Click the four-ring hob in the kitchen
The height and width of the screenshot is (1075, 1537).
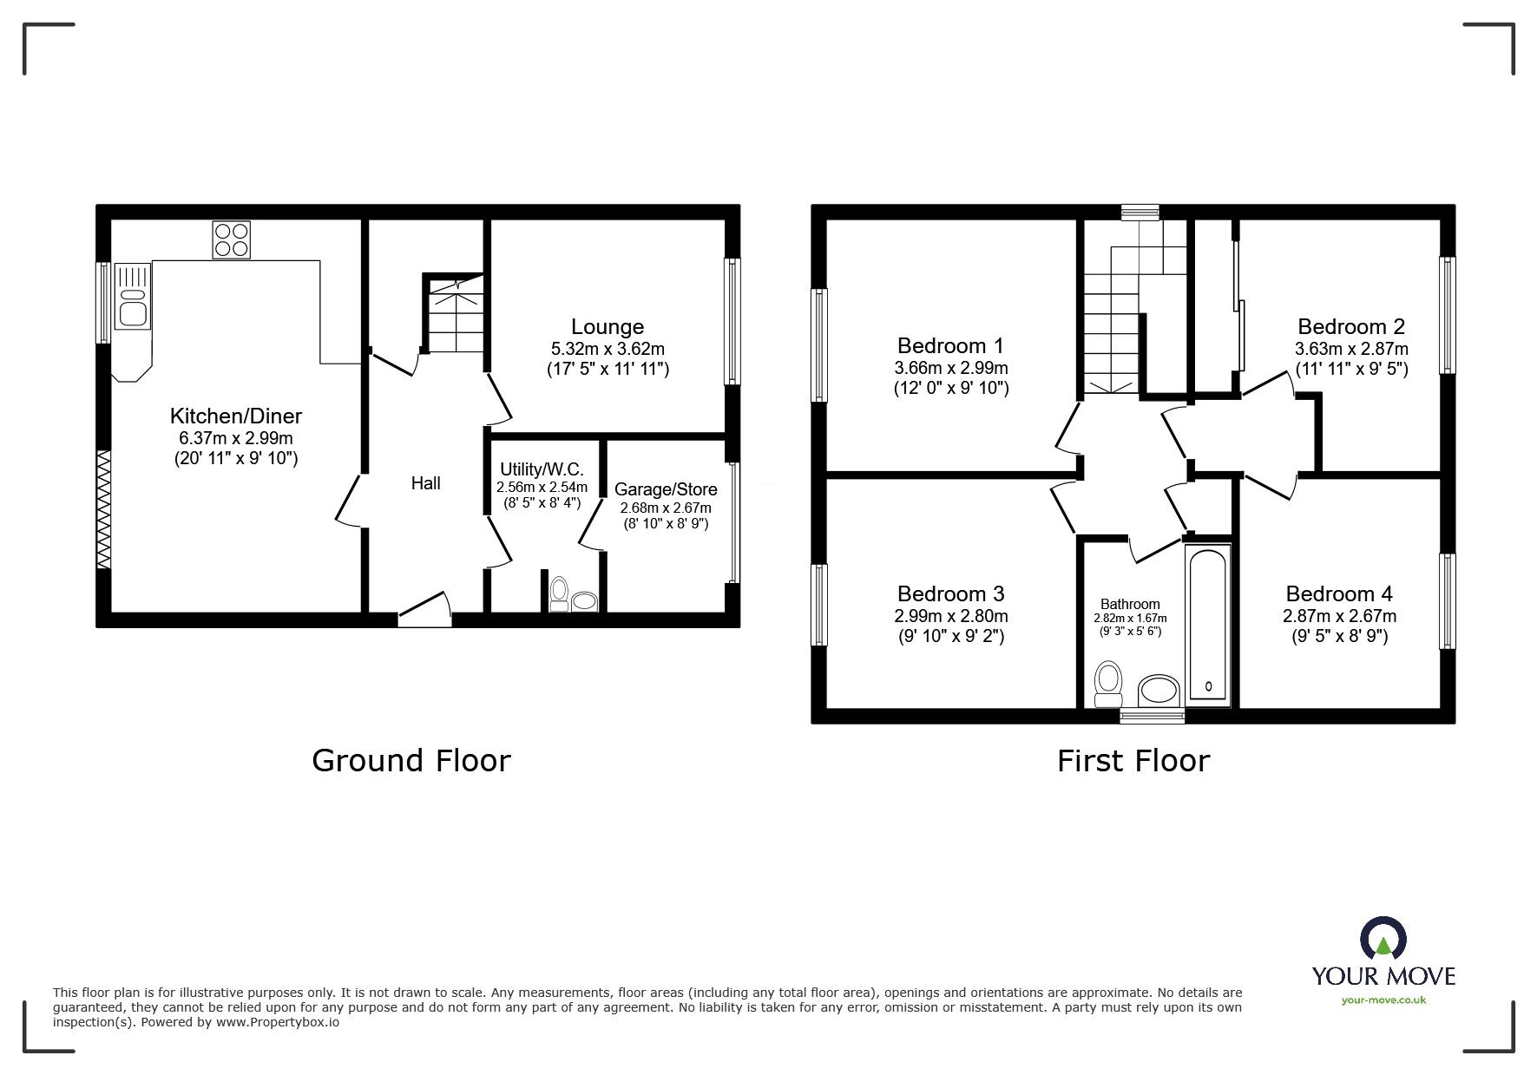click(x=232, y=239)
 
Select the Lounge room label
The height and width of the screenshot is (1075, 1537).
click(x=607, y=327)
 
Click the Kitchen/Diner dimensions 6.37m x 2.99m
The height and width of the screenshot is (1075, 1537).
click(x=235, y=437)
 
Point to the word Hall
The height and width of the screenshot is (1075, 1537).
click(x=425, y=483)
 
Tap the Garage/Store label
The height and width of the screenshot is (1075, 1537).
click(x=665, y=489)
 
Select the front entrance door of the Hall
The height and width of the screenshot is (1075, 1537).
click(x=424, y=611)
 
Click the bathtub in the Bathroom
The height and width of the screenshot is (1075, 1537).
click(x=1206, y=622)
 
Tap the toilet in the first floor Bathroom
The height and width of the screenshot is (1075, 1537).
click(x=1108, y=684)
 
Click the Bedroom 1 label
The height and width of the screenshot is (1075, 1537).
click(x=950, y=345)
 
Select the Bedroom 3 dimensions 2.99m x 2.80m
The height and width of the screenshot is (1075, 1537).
click(x=950, y=616)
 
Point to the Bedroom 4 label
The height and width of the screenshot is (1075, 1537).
click(x=1338, y=593)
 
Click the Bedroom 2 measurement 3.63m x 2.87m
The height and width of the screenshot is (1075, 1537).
click(x=1350, y=349)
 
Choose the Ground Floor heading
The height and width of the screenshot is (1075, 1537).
click(x=411, y=761)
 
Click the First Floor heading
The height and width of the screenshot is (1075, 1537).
click(x=1132, y=761)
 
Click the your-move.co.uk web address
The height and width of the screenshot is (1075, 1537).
click(x=1383, y=1000)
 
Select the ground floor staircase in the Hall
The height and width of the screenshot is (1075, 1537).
click(x=454, y=313)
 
